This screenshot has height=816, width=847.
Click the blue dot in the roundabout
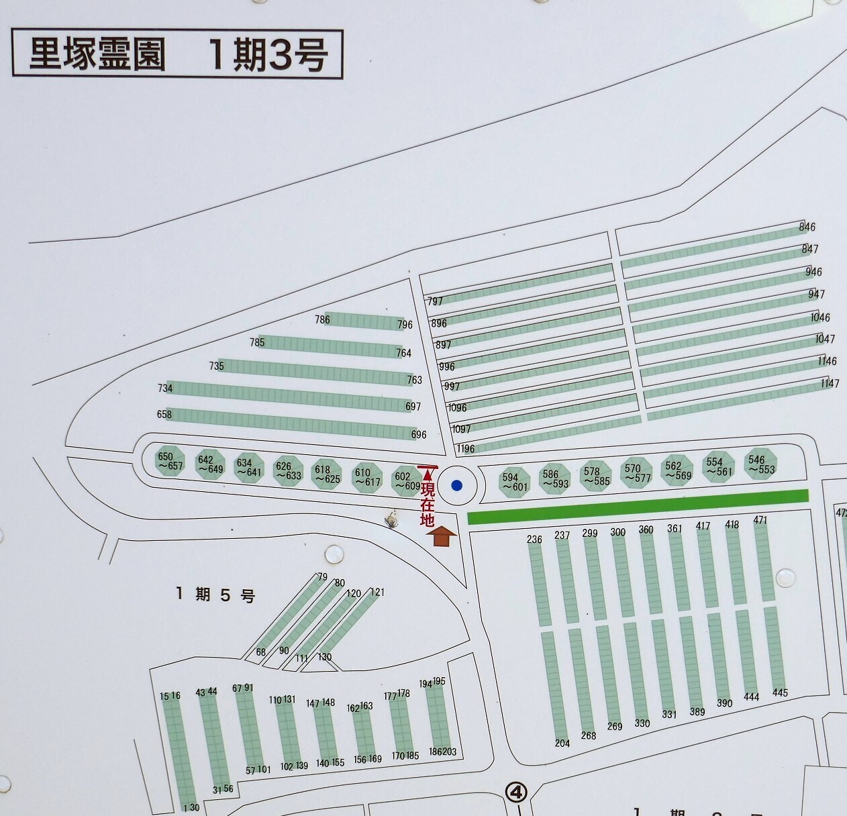(x=457, y=485)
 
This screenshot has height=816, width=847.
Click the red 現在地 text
(x=427, y=501)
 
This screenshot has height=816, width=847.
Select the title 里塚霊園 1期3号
(x=178, y=54)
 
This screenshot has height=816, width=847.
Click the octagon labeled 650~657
(x=169, y=462)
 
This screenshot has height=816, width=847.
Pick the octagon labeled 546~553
(x=761, y=464)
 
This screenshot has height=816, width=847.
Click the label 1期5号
(x=215, y=595)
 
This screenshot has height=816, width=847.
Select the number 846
(x=807, y=227)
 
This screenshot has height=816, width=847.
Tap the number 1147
(x=830, y=384)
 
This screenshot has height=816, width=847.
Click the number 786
(x=322, y=319)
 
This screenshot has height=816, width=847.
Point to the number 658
(x=164, y=414)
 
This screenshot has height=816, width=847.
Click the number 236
(x=534, y=540)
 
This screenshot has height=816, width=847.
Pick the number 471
(x=760, y=520)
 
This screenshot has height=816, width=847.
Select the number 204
(x=562, y=743)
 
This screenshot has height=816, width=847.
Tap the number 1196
(x=464, y=449)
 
